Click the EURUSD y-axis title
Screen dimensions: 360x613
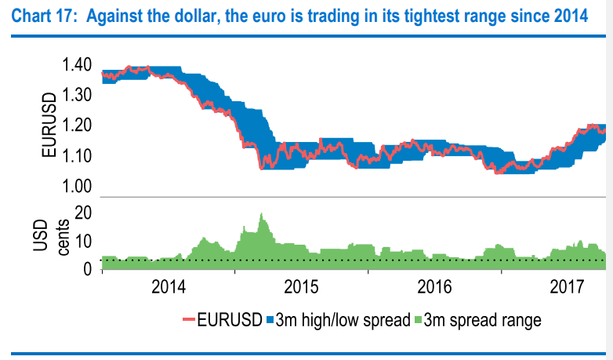(x=48, y=125)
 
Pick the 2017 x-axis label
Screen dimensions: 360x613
(x=567, y=285)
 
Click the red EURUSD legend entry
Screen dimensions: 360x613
(x=222, y=320)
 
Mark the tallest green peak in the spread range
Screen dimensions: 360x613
(x=261, y=215)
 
